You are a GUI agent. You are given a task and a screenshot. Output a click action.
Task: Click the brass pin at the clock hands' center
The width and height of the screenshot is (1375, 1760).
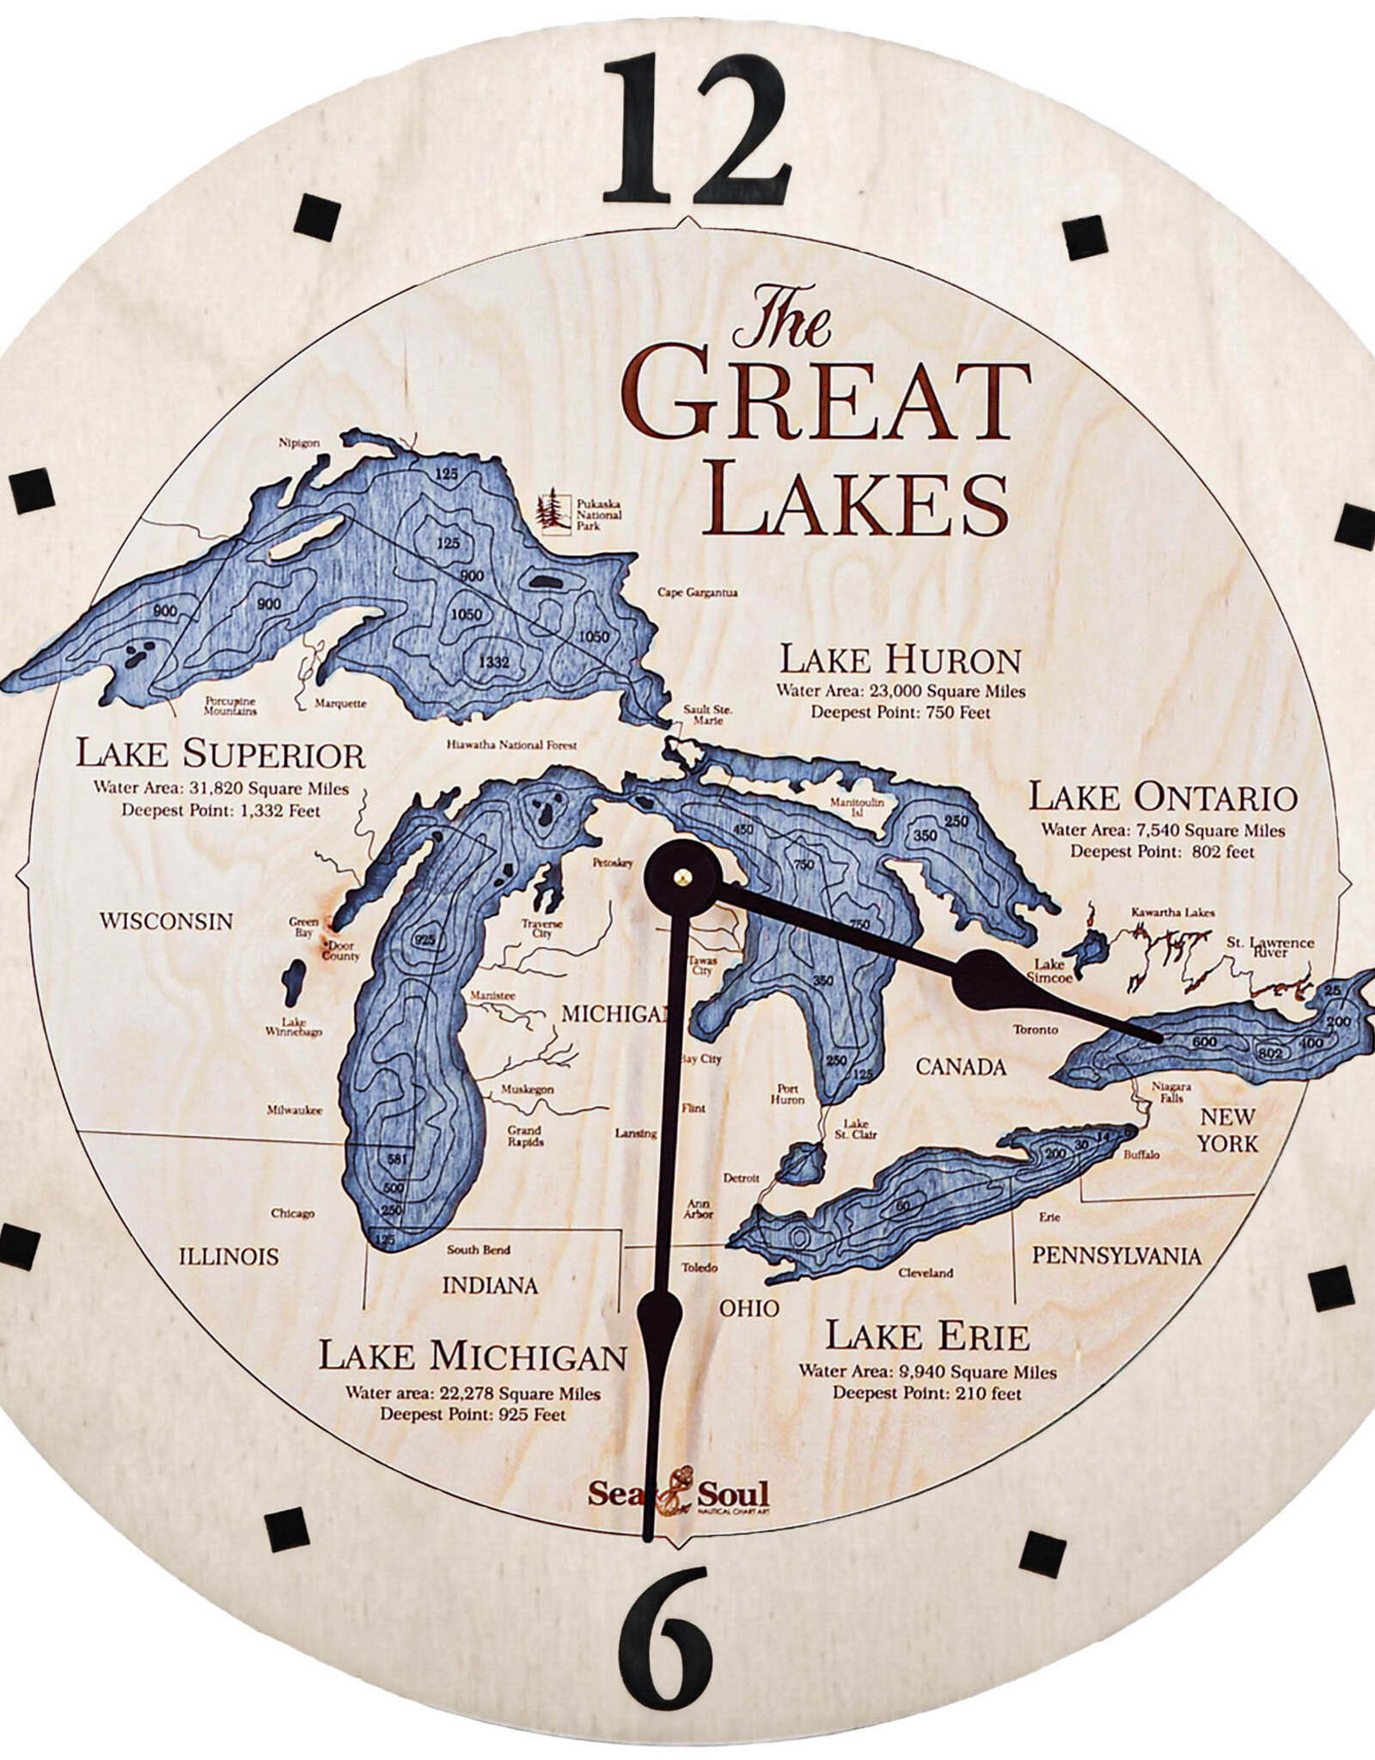click(682, 877)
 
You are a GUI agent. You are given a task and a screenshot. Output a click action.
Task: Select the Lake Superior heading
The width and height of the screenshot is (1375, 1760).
click(220, 755)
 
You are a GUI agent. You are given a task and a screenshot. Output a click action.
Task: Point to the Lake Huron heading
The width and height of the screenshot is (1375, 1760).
click(900, 660)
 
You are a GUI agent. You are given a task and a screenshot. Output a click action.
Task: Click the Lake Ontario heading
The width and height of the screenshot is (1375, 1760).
click(1162, 797)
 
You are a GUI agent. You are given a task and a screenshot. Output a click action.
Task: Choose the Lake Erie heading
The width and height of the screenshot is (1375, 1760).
click(927, 1336)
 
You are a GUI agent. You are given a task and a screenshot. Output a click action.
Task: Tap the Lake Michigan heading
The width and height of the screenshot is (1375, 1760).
click(473, 1356)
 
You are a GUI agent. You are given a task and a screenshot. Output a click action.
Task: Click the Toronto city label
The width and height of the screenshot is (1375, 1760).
click(1035, 1030)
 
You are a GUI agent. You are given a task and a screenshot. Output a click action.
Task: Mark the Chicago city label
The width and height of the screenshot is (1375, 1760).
click(292, 1213)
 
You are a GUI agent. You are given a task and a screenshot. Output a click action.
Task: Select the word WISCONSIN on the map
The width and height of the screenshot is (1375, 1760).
click(166, 921)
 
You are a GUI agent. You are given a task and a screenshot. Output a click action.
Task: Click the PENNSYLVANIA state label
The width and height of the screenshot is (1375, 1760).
click(1116, 1256)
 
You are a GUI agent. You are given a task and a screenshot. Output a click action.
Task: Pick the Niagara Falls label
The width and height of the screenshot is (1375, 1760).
click(1171, 1093)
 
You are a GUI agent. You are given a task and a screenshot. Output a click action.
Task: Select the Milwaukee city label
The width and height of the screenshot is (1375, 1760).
click(294, 1110)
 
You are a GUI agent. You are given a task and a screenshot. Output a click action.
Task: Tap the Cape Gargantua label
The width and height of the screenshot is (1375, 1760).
click(697, 592)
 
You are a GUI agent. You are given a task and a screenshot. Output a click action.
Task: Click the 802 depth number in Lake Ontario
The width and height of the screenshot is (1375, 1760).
click(1269, 1054)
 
